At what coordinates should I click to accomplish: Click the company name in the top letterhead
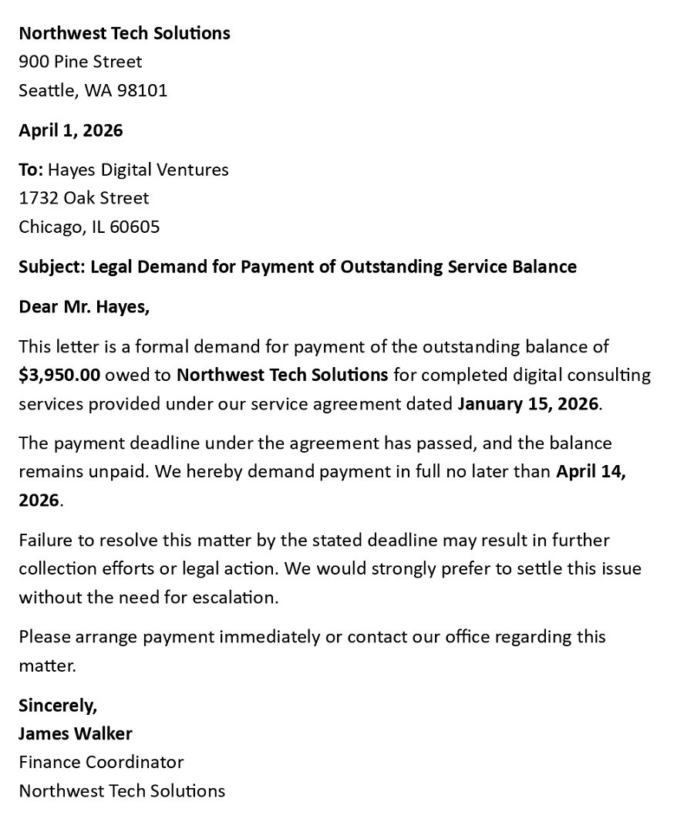tap(124, 33)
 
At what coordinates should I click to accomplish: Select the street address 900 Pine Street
tap(80, 62)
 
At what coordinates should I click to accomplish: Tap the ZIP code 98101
tap(142, 90)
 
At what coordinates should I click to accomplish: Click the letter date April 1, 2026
tap(70, 130)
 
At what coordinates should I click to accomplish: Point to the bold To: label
tap(31, 170)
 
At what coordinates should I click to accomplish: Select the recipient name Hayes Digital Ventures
tap(138, 170)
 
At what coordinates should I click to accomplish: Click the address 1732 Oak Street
tap(84, 198)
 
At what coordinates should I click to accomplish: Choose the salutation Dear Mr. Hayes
tap(84, 307)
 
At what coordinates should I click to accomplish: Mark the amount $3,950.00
tap(59, 376)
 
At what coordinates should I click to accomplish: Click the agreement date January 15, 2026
tap(527, 404)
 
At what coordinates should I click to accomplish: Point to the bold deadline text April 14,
tap(591, 471)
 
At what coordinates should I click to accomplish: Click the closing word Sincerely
tap(58, 706)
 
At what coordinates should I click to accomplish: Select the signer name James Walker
tap(76, 733)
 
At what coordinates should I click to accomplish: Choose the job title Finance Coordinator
tap(101, 762)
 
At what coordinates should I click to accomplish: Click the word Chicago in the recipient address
tap(51, 227)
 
